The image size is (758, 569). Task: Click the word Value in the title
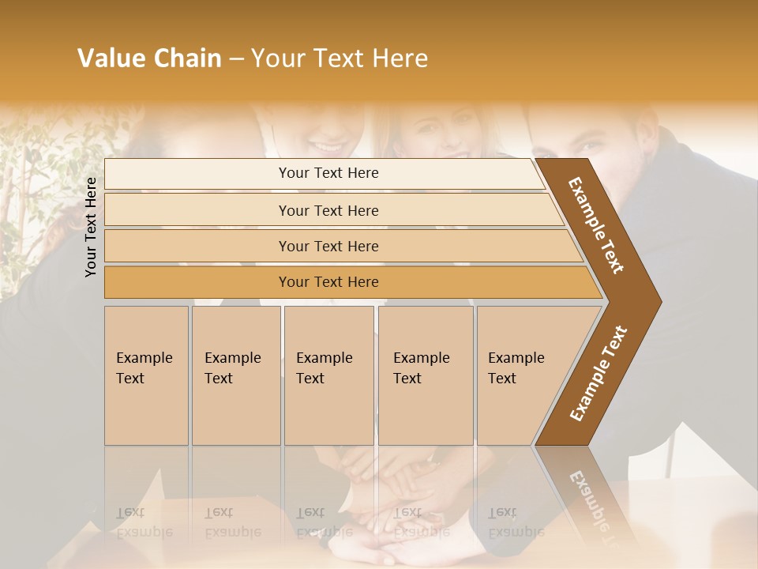(110, 58)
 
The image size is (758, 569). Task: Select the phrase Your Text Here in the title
(340, 58)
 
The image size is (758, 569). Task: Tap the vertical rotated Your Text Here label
(91, 227)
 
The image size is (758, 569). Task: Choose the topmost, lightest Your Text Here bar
(328, 173)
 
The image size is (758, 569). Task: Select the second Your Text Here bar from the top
(328, 210)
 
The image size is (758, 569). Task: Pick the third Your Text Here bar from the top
(328, 246)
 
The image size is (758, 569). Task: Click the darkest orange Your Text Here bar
(328, 282)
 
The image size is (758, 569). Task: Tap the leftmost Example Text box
(146, 375)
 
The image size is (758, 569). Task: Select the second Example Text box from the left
(235, 375)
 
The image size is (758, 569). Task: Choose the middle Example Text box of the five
(328, 375)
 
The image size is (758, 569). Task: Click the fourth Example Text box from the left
(425, 375)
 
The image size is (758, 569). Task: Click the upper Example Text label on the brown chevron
(596, 226)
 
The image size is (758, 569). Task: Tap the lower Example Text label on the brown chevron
(598, 373)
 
